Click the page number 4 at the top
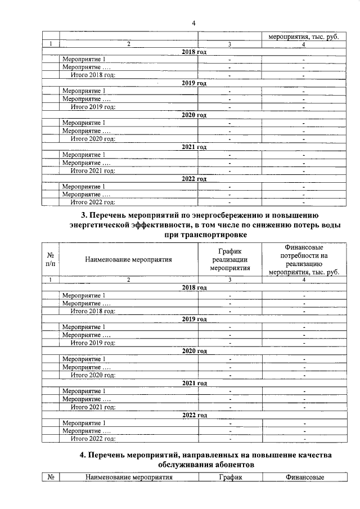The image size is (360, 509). pyautogui.click(x=193, y=23)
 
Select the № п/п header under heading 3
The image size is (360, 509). pyautogui.click(x=51, y=259)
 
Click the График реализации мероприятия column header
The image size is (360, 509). pyautogui.click(x=229, y=259)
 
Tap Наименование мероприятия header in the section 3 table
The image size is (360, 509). pyautogui.click(x=128, y=259)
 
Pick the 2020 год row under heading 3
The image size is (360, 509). pyautogui.click(x=194, y=351)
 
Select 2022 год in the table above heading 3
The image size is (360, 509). pyautogui.click(x=194, y=179)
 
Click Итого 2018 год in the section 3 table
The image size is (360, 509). pyautogui.click(x=93, y=310)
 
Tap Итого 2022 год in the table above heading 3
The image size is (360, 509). pyautogui.click(x=93, y=202)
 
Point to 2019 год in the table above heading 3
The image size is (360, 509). pyautogui.click(x=194, y=83)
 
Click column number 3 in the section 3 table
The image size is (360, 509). pyautogui.click(x=229, y=279)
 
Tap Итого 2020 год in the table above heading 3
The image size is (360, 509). pyautogui.click(x=93, y=138)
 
